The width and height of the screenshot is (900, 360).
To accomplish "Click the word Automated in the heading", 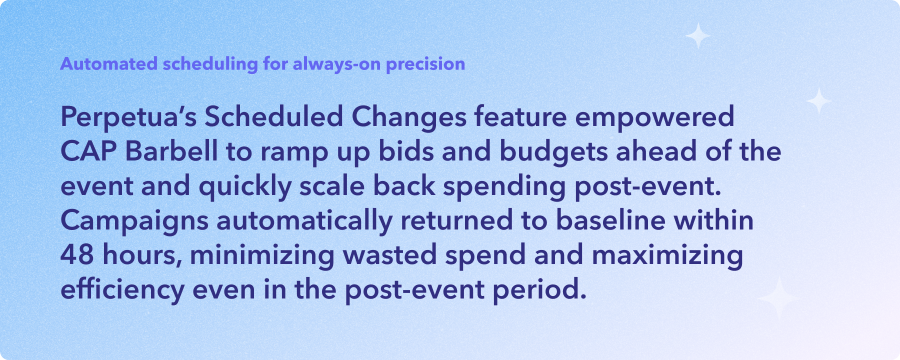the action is tap(109, 64).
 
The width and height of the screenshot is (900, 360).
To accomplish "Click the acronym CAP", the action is tap(88, 151).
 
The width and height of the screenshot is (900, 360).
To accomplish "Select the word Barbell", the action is tap(171, 151).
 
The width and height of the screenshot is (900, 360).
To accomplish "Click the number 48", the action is tap(77, 254).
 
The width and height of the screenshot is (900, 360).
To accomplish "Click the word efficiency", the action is tap(122, 290).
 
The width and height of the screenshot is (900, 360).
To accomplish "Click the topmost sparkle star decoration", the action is tap(698, 35).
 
